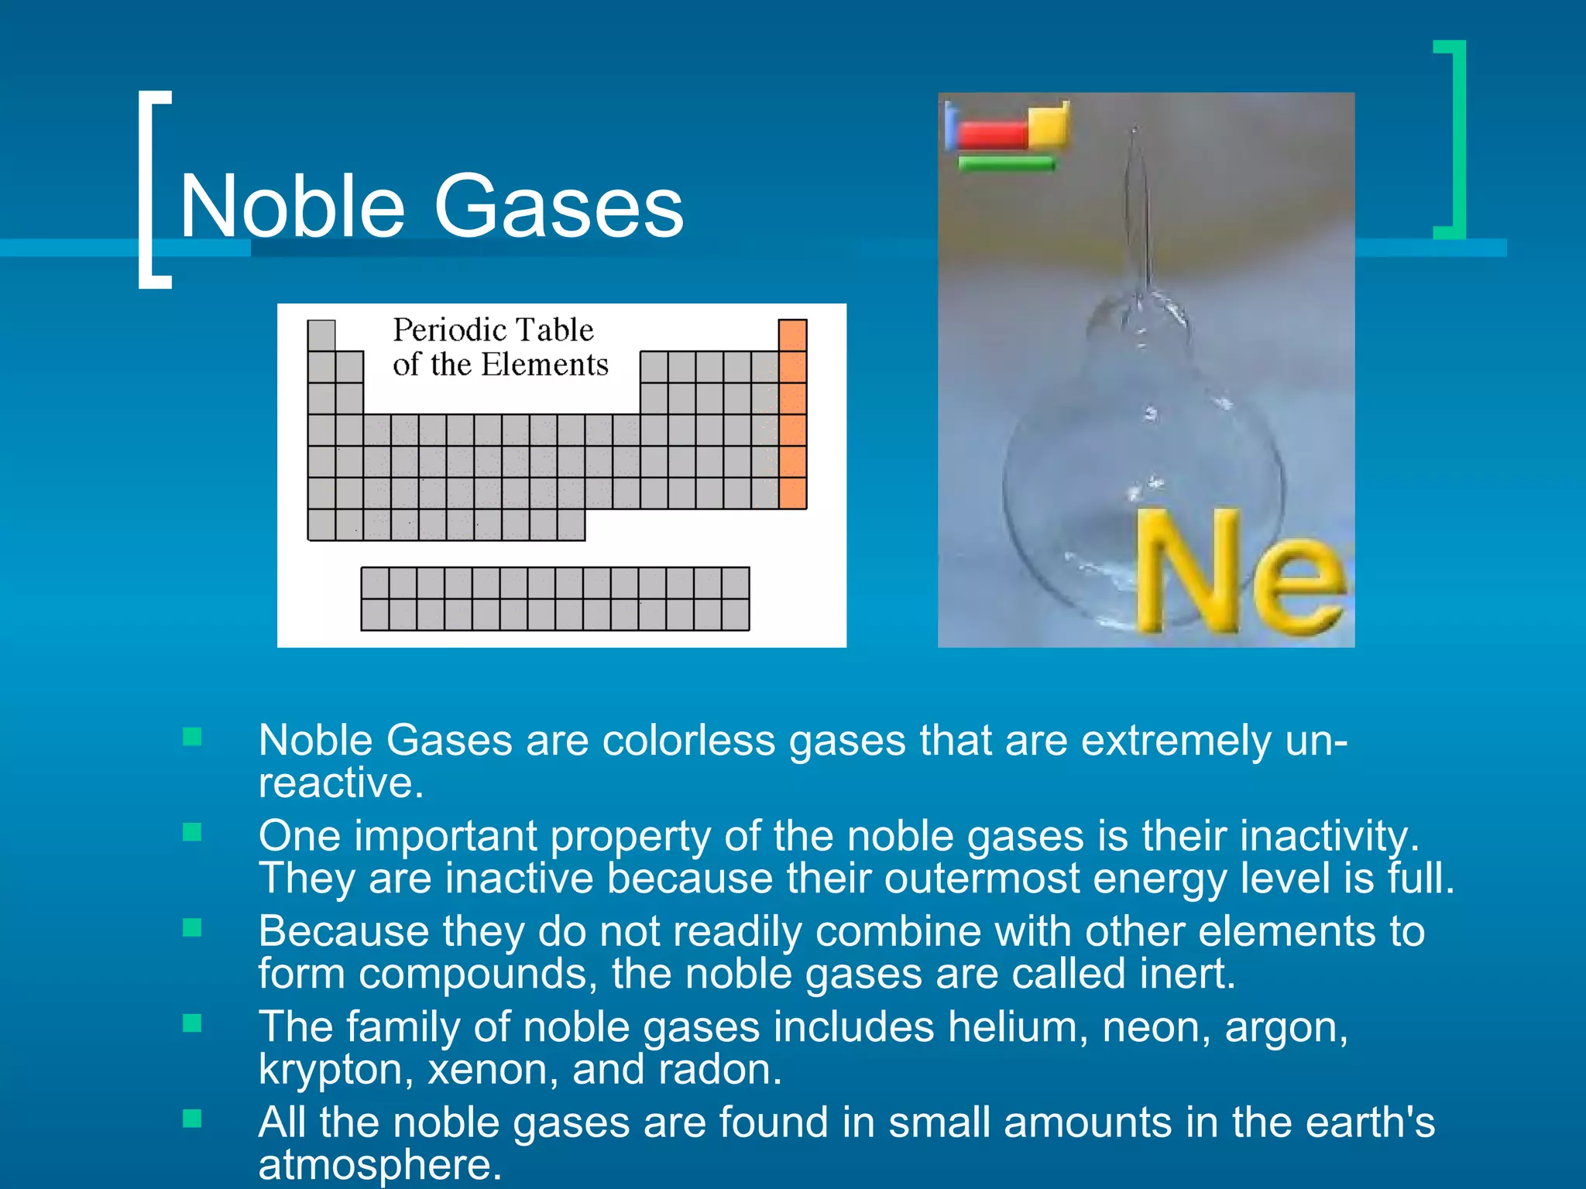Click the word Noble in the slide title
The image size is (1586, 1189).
292,207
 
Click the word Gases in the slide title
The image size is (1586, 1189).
558,207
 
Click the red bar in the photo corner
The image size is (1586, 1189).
991,135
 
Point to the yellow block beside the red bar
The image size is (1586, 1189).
1049,123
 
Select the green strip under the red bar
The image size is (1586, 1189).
1006,163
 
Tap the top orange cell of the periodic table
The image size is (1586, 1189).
792,335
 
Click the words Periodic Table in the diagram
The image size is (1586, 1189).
493,330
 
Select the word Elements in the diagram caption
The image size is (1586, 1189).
556,365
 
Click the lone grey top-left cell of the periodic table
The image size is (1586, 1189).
321,335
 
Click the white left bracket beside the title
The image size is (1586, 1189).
153,190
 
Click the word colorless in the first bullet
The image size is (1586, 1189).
688,741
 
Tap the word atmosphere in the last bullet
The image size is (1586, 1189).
379,1164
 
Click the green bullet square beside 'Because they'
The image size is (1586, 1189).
192,927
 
